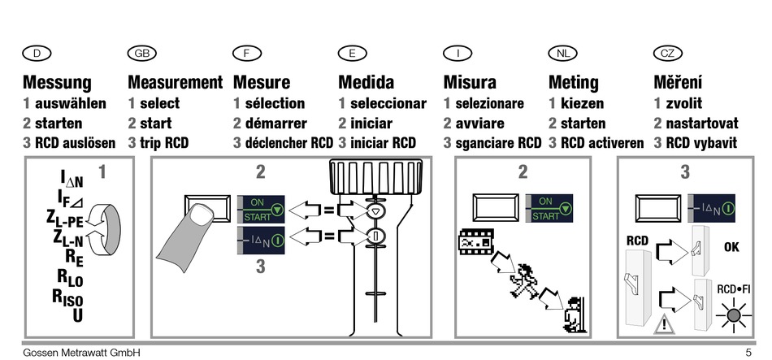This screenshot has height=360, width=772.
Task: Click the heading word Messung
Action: click(57, 82)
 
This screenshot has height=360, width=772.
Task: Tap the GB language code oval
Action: click(141, 53)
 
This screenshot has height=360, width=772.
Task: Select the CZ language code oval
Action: click(668, 53)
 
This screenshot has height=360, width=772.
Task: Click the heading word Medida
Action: click(366, 82)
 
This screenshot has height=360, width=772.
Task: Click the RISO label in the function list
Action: click(67, 297)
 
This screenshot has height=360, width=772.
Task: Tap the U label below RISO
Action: click(78, 315)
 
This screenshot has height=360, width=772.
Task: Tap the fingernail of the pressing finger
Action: click(202, 215)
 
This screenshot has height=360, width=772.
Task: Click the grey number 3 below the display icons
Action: click(261, 267)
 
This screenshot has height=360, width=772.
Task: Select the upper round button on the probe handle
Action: click(375, 211)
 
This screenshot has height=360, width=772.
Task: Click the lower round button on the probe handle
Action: click(375, 236)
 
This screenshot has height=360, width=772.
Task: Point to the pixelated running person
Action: click(524, 281)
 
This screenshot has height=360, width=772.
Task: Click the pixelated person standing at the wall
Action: click(574, 314)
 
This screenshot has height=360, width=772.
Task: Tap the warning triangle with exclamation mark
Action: click(665, 324)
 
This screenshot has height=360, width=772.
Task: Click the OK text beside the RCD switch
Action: click(731, 247)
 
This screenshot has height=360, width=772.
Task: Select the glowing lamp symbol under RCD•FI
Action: click(734, 315)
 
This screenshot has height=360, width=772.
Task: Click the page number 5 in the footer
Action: click(748, 353)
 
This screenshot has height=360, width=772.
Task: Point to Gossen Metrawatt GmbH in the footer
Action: click(82, 353)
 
